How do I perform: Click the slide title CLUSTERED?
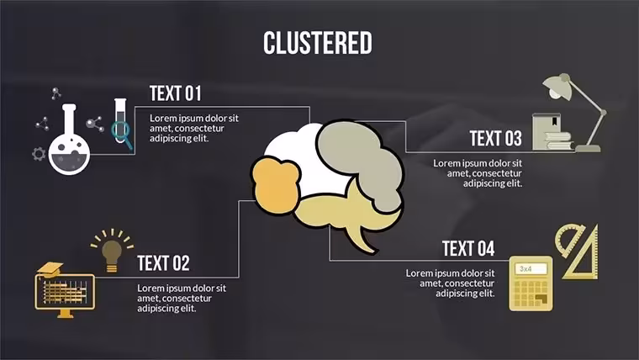318,43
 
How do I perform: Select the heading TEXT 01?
175,93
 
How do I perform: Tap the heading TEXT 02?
163,263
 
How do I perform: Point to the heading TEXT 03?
495,138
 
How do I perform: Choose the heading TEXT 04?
468,249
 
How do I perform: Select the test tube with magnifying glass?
121,124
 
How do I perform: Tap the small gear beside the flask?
39,154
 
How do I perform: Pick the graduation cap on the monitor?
50,269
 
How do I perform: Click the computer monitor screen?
65,292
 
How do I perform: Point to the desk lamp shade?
557,88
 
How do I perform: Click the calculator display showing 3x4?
532,268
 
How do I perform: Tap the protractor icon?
569,241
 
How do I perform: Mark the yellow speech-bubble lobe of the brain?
346,216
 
